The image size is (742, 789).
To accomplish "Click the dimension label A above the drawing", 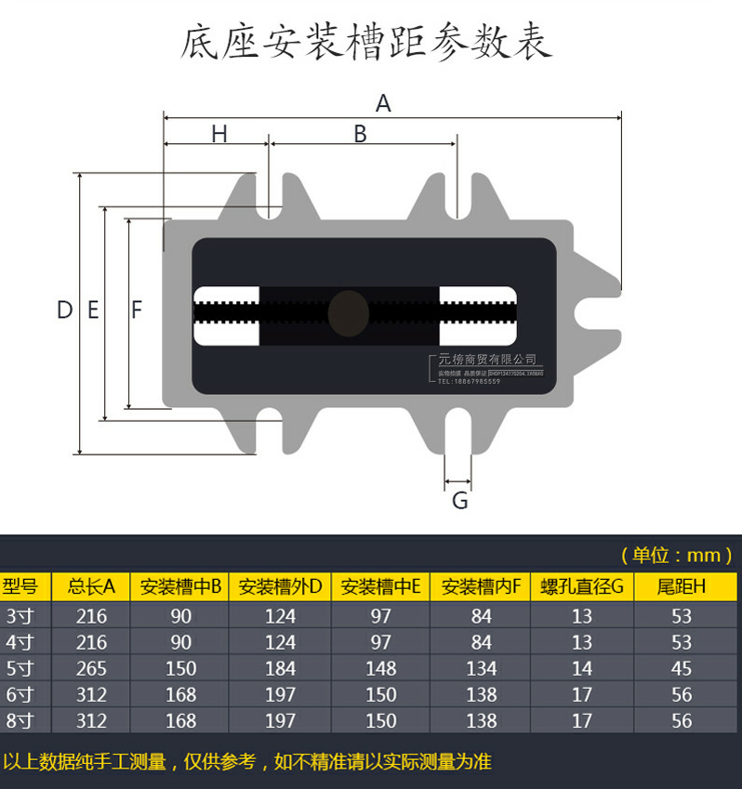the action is tap(383, 103).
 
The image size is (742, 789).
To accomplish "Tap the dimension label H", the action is tap(219, 135).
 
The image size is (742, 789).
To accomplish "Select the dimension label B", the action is tap(361, 135).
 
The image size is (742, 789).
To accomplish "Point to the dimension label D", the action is tap(64, 310).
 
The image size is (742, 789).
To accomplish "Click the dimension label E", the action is tap(93, 310).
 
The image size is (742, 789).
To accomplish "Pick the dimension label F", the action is tap(137, 310).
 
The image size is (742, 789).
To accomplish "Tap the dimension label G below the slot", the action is tap(459, 502).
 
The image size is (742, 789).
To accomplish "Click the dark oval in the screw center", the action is tap(347, 312).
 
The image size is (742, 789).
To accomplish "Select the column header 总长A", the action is tap(91, 586).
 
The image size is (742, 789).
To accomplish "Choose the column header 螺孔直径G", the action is tap(581, 586).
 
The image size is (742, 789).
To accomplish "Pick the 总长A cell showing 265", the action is tap(91, 668).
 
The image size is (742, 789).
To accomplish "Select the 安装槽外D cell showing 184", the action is tap(280, 668).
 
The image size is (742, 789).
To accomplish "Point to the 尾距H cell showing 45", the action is tap(682, 668).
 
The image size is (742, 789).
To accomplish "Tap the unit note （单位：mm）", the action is tap(676, 556).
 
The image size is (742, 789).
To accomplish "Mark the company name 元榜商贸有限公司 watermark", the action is tap(487, 360).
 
